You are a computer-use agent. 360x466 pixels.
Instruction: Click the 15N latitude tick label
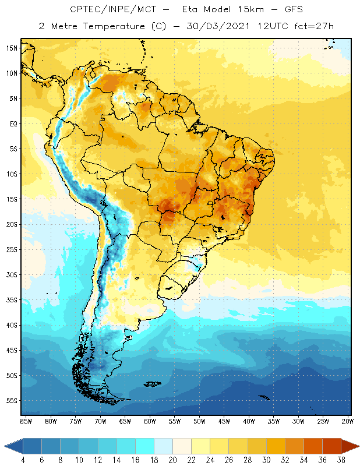[12, 48]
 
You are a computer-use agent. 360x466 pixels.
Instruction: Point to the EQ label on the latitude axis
[13, 123]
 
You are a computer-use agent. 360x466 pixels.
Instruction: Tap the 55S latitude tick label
[12, 401]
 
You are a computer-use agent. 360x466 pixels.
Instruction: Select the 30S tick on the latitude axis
[12, 274]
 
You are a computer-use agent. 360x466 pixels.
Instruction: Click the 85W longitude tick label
[26, 421]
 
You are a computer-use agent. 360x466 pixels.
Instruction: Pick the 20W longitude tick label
[347, 421]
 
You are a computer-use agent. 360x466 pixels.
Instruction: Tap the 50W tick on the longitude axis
[199, 421]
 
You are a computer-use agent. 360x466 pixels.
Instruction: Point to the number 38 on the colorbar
[340, 460]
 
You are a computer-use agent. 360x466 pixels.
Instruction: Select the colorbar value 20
[172, 460]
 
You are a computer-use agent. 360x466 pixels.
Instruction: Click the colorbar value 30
[266, 460]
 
